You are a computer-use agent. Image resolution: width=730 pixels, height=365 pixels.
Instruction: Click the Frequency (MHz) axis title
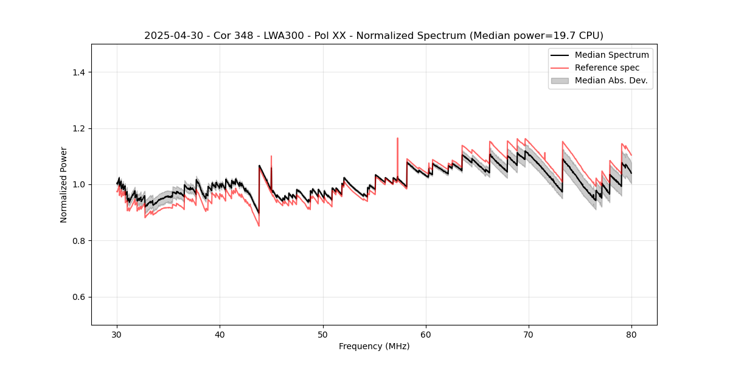[374, 346]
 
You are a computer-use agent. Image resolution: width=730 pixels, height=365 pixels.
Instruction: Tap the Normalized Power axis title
[64, 184]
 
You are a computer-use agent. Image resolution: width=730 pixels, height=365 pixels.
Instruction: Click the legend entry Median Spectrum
[611, 55]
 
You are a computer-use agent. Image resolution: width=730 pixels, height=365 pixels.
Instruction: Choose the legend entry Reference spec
[607, 68]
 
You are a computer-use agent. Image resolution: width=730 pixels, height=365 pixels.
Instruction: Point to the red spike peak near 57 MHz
[397, 138]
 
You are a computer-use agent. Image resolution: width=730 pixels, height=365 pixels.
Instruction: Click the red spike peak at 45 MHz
[271, 156]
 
